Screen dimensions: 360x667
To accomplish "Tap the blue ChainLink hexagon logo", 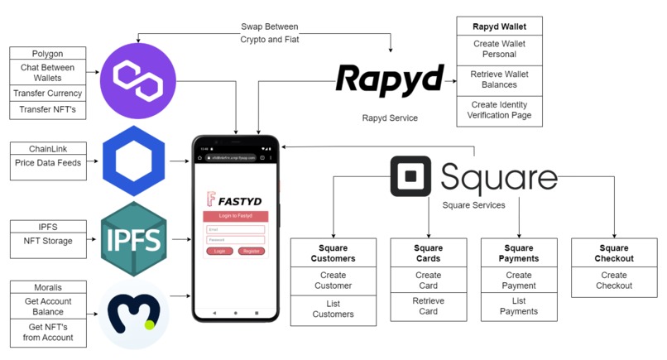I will coord(134,161).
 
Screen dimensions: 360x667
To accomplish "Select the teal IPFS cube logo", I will coord(134,240).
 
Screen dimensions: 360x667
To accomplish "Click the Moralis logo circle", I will coord(134,314).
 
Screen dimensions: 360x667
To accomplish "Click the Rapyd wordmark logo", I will coord(389,81).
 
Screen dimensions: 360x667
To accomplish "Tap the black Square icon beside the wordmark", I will coord(411,177).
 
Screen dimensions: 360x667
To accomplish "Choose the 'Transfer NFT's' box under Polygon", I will coord(47,110).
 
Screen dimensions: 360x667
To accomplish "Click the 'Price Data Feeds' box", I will coord(47,163).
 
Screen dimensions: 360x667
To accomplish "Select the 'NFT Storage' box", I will coord(47,241).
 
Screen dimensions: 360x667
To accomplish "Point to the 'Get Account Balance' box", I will coord(47,307).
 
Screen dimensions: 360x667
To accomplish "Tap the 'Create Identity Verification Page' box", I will coord(499,110).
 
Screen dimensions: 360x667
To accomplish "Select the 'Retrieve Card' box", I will coord(429,306).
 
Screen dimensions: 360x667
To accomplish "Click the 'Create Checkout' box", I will coord(614,281).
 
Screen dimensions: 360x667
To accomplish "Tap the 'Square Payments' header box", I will coord(519,253).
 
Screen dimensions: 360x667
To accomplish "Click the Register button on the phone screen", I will coord(252,251).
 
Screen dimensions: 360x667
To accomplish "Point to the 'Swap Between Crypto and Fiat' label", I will coord(269,33).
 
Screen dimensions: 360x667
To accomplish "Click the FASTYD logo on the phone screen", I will coord(235,199).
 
